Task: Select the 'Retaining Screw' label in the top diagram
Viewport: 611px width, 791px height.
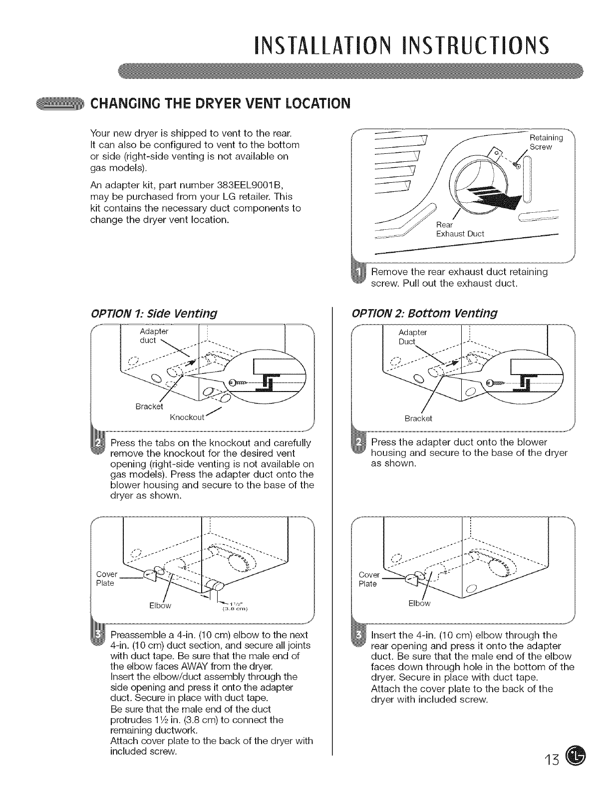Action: [546, 142]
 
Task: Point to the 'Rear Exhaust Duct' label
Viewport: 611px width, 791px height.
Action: [460, 229]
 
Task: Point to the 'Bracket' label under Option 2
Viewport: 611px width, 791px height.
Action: [418, 418]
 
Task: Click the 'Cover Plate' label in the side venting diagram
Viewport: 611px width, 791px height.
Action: [106, 578]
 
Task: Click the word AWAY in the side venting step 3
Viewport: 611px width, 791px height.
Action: [224, 666]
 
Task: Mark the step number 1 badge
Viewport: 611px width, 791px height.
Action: [359, 276]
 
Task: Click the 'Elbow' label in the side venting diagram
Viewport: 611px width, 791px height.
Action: [160, 606]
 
